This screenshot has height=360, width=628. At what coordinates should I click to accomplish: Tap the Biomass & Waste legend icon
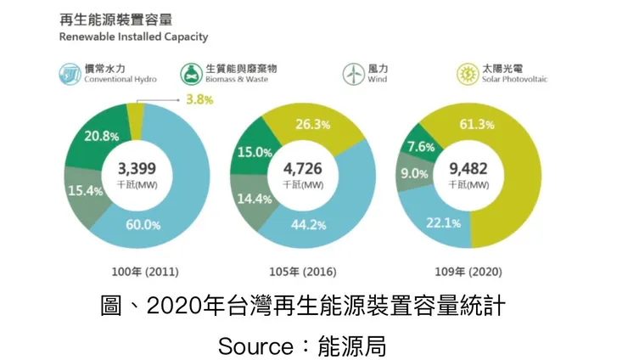click(x=191, y=74)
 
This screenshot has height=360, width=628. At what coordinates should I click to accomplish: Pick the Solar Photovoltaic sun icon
click(x=467, y=74)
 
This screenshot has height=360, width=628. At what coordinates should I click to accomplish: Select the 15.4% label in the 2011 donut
click(x=85, y=191)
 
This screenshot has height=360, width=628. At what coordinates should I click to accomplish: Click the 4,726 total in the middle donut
click(x=304, y=167)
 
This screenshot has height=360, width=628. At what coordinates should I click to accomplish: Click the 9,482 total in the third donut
click(x=468, y=167)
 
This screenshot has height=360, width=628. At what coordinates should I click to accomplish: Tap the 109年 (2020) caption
click(x=468, y=273)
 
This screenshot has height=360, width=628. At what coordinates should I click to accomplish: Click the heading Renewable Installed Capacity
click(x=133, y=37)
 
